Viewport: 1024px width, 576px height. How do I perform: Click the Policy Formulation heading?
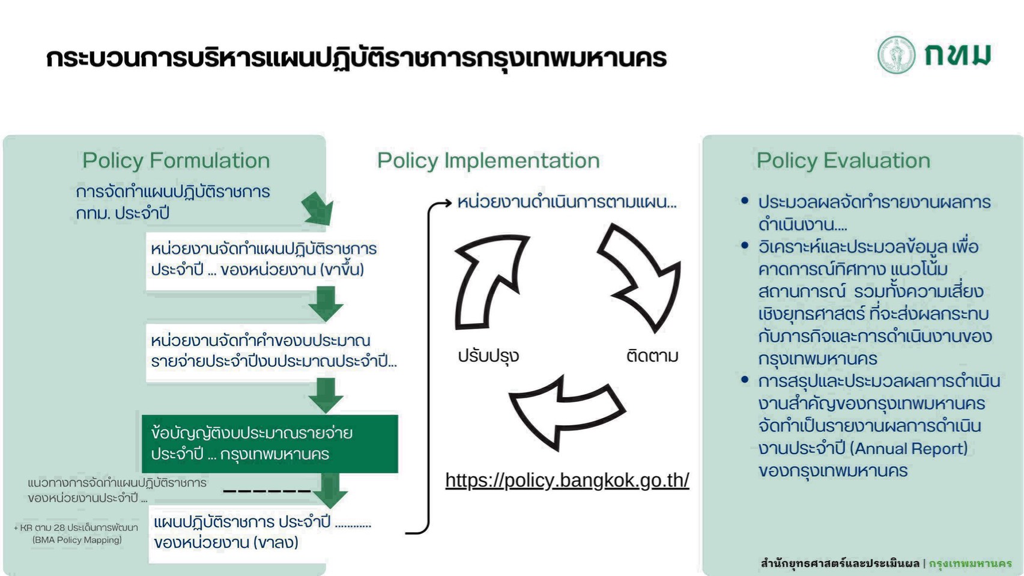(176, 160)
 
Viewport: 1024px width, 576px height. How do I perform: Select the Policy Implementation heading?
(488, 160)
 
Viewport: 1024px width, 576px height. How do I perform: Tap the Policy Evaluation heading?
(843, 160)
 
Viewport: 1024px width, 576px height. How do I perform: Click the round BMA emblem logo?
(895, 55)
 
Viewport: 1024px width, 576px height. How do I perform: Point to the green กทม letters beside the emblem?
(957, 55)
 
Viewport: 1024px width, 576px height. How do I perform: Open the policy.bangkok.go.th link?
(567, 480)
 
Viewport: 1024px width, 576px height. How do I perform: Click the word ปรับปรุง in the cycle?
(488, 356)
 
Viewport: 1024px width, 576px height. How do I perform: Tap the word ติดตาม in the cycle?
(652, 356)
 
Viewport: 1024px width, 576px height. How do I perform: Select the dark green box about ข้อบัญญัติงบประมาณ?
(270, 443)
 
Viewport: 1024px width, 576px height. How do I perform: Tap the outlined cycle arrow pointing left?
(565, 411)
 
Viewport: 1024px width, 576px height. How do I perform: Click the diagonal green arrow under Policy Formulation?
(318, 208)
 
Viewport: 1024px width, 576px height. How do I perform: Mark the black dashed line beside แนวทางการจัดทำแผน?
(267, 491)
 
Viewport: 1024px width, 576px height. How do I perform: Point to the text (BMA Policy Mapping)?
(77, 540)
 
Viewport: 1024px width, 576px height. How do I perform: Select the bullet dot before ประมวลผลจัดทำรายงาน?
(745, 201)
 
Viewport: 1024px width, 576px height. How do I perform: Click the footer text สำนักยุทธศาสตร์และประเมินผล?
(840, 563)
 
